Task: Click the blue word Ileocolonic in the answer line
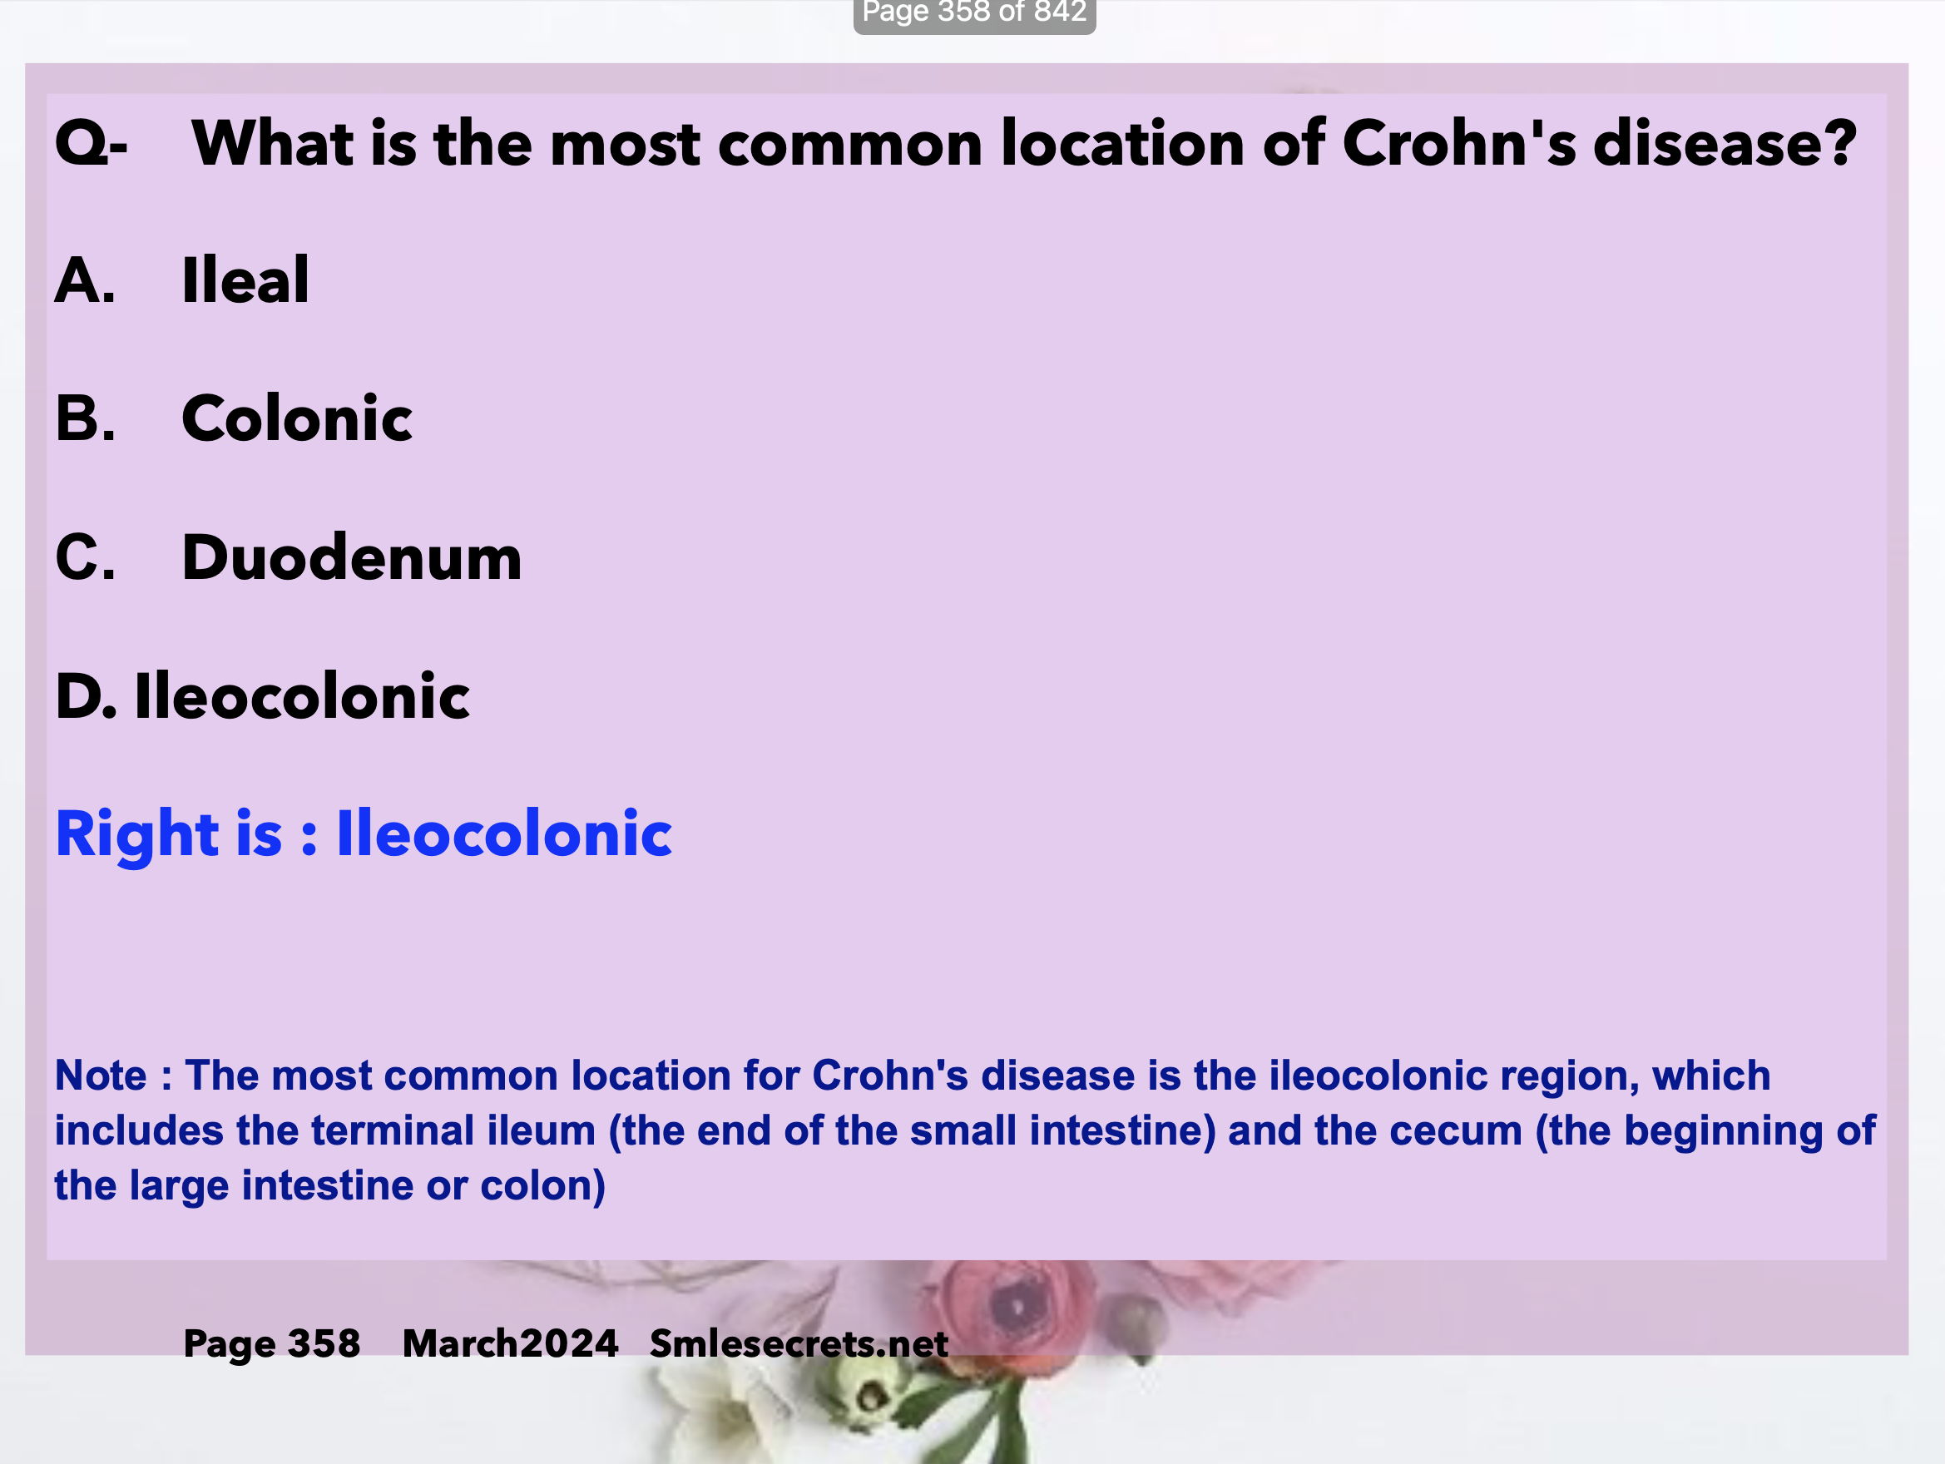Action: tap(504, 833)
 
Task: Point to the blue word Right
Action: tap(137, 833)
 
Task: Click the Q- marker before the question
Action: tap(92, 143)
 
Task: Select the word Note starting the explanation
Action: tap(100, 1076)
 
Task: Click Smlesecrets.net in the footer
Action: tap(799, 1343)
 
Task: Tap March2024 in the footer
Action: tap(510, 1343)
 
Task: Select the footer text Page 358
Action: tap(272, 1343)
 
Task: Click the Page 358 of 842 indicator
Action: tap(974, 14)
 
